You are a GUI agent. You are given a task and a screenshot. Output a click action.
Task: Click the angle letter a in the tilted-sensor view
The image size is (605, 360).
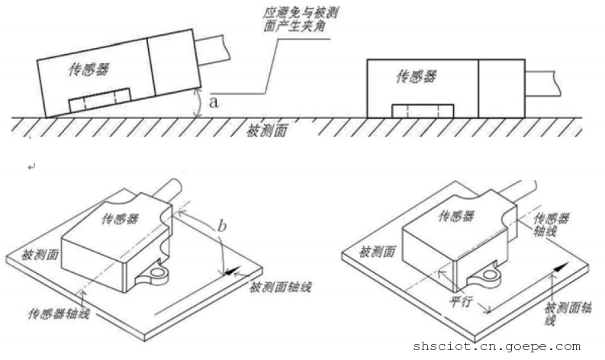[x=214, y=104]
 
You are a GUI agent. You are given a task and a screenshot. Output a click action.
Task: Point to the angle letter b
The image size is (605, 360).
[x=221, y=225]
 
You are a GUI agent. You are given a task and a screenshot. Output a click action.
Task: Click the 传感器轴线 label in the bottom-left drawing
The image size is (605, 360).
[x=60, y=313]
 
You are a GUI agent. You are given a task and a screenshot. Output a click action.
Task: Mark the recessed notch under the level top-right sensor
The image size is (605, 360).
[x=422, y=111]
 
